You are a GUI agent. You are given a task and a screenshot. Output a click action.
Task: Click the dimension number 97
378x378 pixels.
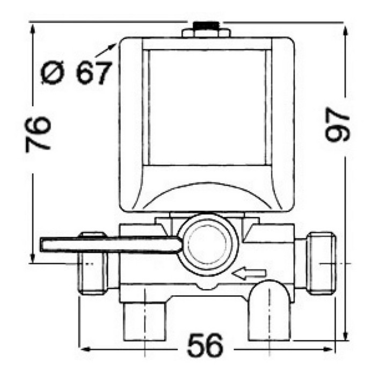click(337, 125)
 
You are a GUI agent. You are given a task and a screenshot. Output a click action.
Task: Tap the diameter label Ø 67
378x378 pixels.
click(76, 72)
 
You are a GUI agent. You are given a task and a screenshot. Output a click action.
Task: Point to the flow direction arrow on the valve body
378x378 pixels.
click(249, 273)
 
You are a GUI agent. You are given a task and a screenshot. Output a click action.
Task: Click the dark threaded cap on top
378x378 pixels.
click(206, 25)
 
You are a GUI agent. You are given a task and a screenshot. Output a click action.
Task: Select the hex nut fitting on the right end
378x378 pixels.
click(322, 263)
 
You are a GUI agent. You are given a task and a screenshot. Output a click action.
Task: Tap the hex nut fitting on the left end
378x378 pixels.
click(92, 263)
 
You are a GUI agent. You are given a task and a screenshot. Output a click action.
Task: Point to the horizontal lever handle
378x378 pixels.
click(111, 245)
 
